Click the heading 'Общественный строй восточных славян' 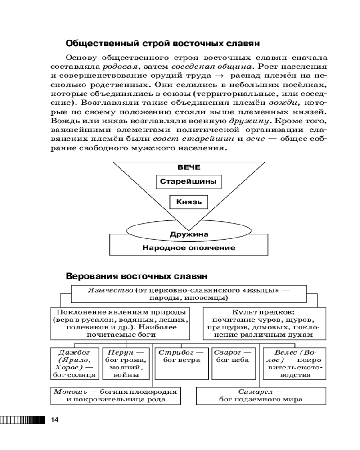click(x=162, y=44)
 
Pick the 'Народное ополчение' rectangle click(x=189, y=247)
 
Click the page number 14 click(x=55, y=420)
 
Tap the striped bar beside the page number click(x=23, y=420)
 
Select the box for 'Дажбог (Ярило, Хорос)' click(x=75, y=362)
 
